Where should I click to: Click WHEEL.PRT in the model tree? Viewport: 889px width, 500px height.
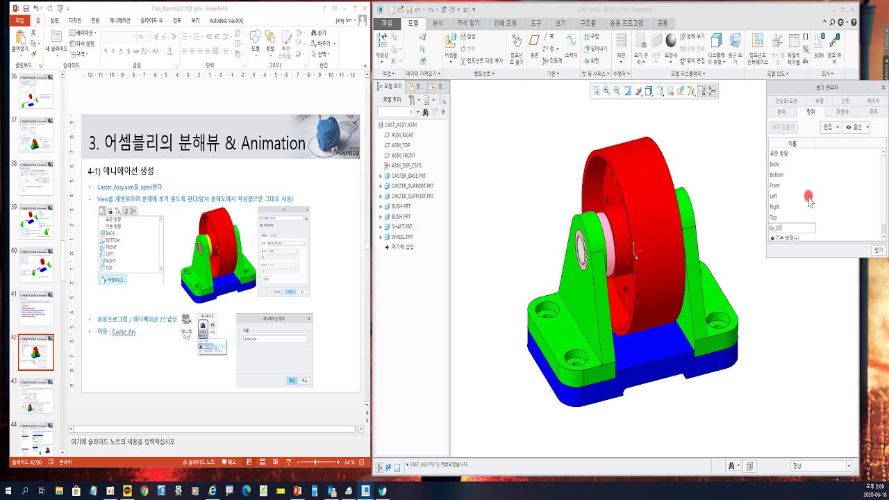(402, 237)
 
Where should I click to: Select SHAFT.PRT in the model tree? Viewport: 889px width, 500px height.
(401, 226)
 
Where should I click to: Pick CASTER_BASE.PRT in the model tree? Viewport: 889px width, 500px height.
(408, 176)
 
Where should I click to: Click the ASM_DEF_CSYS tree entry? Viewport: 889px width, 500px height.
(406, 165)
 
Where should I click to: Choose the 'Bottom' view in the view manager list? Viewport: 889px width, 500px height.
(776, 175)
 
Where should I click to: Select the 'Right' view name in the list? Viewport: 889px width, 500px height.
(774, 207)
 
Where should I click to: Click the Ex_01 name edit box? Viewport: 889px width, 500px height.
(792, 228)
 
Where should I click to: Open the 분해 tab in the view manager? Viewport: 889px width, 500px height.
(781, 111)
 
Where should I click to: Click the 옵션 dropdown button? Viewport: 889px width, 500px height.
(856, 127)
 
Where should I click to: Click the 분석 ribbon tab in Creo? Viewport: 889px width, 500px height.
(438, 23)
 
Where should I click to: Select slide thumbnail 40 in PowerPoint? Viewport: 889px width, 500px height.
(36, 265)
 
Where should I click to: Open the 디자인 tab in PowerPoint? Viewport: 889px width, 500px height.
(75, 21)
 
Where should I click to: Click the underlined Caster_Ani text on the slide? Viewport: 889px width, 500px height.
(124, 332)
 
